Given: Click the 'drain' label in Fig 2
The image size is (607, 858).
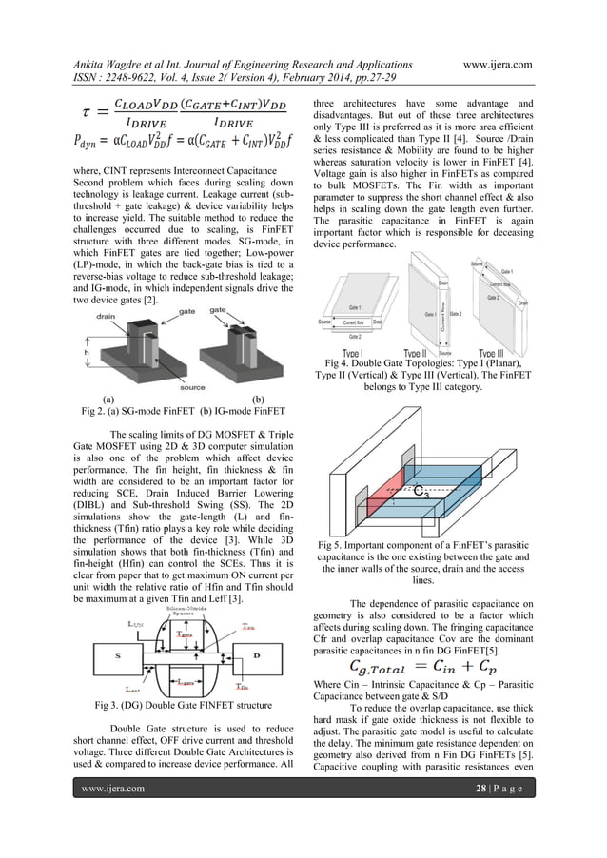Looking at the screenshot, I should [108, 317].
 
